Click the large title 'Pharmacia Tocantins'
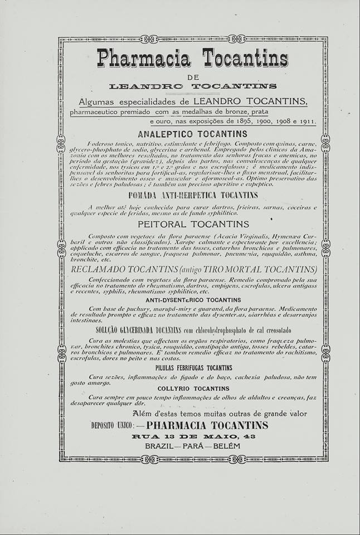coord(193,59)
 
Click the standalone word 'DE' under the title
coord(193,76)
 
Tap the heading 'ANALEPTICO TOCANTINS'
coord(193,134)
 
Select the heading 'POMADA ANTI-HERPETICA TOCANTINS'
coord(193,195)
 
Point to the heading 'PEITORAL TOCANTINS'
coord(193,225)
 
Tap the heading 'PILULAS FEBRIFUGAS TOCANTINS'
coord(193,368)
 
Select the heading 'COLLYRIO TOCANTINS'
coord(193,388)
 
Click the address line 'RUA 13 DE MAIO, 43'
coord(193,436)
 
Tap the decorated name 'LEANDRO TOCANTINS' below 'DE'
coord(193,86)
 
